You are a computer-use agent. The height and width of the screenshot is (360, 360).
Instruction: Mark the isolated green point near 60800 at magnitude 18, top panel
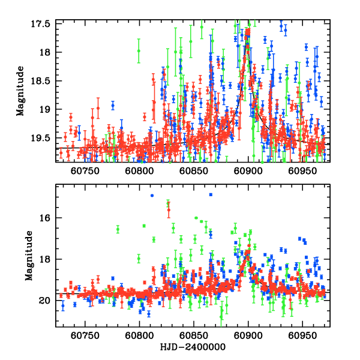coord(139,51)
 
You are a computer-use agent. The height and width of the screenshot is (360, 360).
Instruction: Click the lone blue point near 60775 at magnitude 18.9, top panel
coord(112,105)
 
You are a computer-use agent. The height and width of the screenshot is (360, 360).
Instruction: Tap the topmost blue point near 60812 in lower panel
coord(152,196)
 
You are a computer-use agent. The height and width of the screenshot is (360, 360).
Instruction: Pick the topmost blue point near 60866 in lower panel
coord(211,194)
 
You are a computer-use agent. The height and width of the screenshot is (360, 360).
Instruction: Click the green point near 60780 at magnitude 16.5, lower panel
coord(118,229)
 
